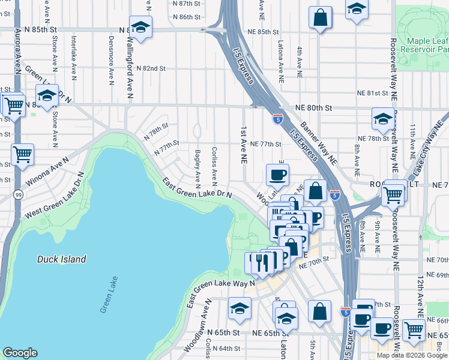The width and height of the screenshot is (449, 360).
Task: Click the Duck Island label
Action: click(x=61, y=259)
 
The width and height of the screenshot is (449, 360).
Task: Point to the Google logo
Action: click(x=20, y=353)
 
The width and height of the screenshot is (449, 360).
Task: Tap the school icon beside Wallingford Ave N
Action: click(x=140, y=28)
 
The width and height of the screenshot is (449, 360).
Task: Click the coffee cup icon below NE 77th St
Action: click(x=277, y=175)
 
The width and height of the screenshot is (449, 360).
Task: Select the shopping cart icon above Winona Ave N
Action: click(x=22, y=155)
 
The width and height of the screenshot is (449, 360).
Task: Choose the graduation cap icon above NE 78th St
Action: click(x=382, y=119)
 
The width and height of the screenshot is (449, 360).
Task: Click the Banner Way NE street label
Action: click(x=319, y=143)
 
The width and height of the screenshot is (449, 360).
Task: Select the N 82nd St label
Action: click(x=151, y=68)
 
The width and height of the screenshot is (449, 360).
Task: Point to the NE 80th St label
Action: click(x=313, y=108)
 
